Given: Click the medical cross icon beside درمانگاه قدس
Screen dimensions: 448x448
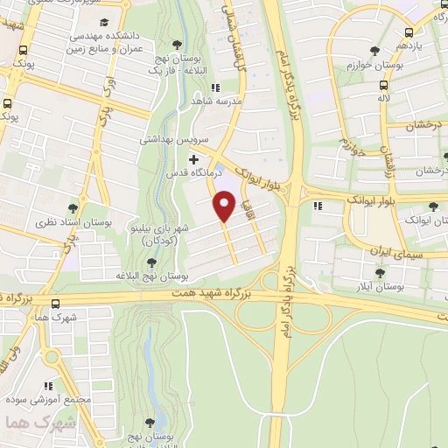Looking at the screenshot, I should coord(194,160).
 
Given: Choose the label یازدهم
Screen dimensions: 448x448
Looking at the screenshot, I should coord(409,45).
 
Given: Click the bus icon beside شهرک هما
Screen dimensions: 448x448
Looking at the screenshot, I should coord(55,304).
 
